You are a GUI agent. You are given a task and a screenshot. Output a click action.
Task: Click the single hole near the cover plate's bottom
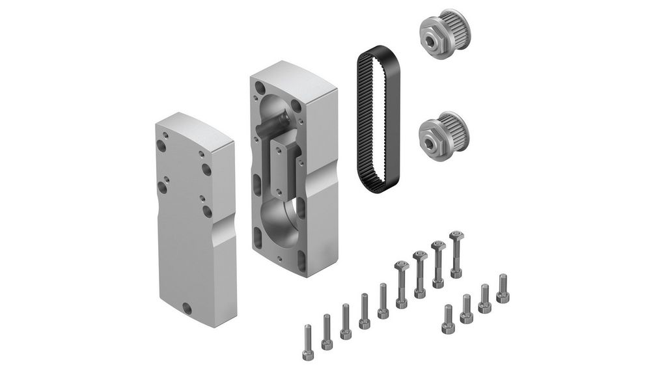187,308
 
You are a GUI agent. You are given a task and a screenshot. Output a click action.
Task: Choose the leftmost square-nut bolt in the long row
401,283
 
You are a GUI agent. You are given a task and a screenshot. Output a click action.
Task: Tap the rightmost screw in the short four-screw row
503,288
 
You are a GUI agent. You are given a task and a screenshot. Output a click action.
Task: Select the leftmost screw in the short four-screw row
448,319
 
